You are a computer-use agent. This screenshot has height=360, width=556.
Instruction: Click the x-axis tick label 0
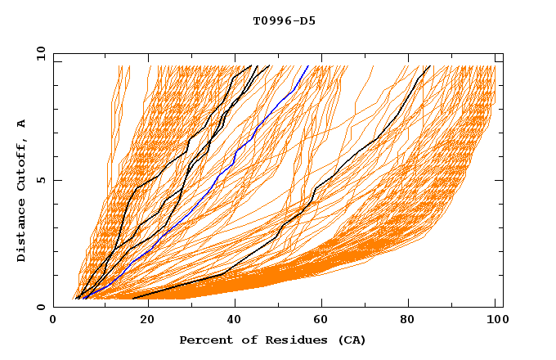[53, 322]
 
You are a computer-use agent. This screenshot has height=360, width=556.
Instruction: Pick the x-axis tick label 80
[407, 322]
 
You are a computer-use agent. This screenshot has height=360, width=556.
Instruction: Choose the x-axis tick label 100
[495, 322]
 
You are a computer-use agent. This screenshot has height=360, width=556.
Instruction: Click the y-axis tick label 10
[39, 53]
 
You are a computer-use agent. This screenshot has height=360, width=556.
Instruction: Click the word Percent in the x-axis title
[204, 340]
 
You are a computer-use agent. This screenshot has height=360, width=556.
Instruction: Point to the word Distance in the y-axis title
[22, 233]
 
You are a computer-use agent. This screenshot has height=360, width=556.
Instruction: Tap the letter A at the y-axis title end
[22, 124]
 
